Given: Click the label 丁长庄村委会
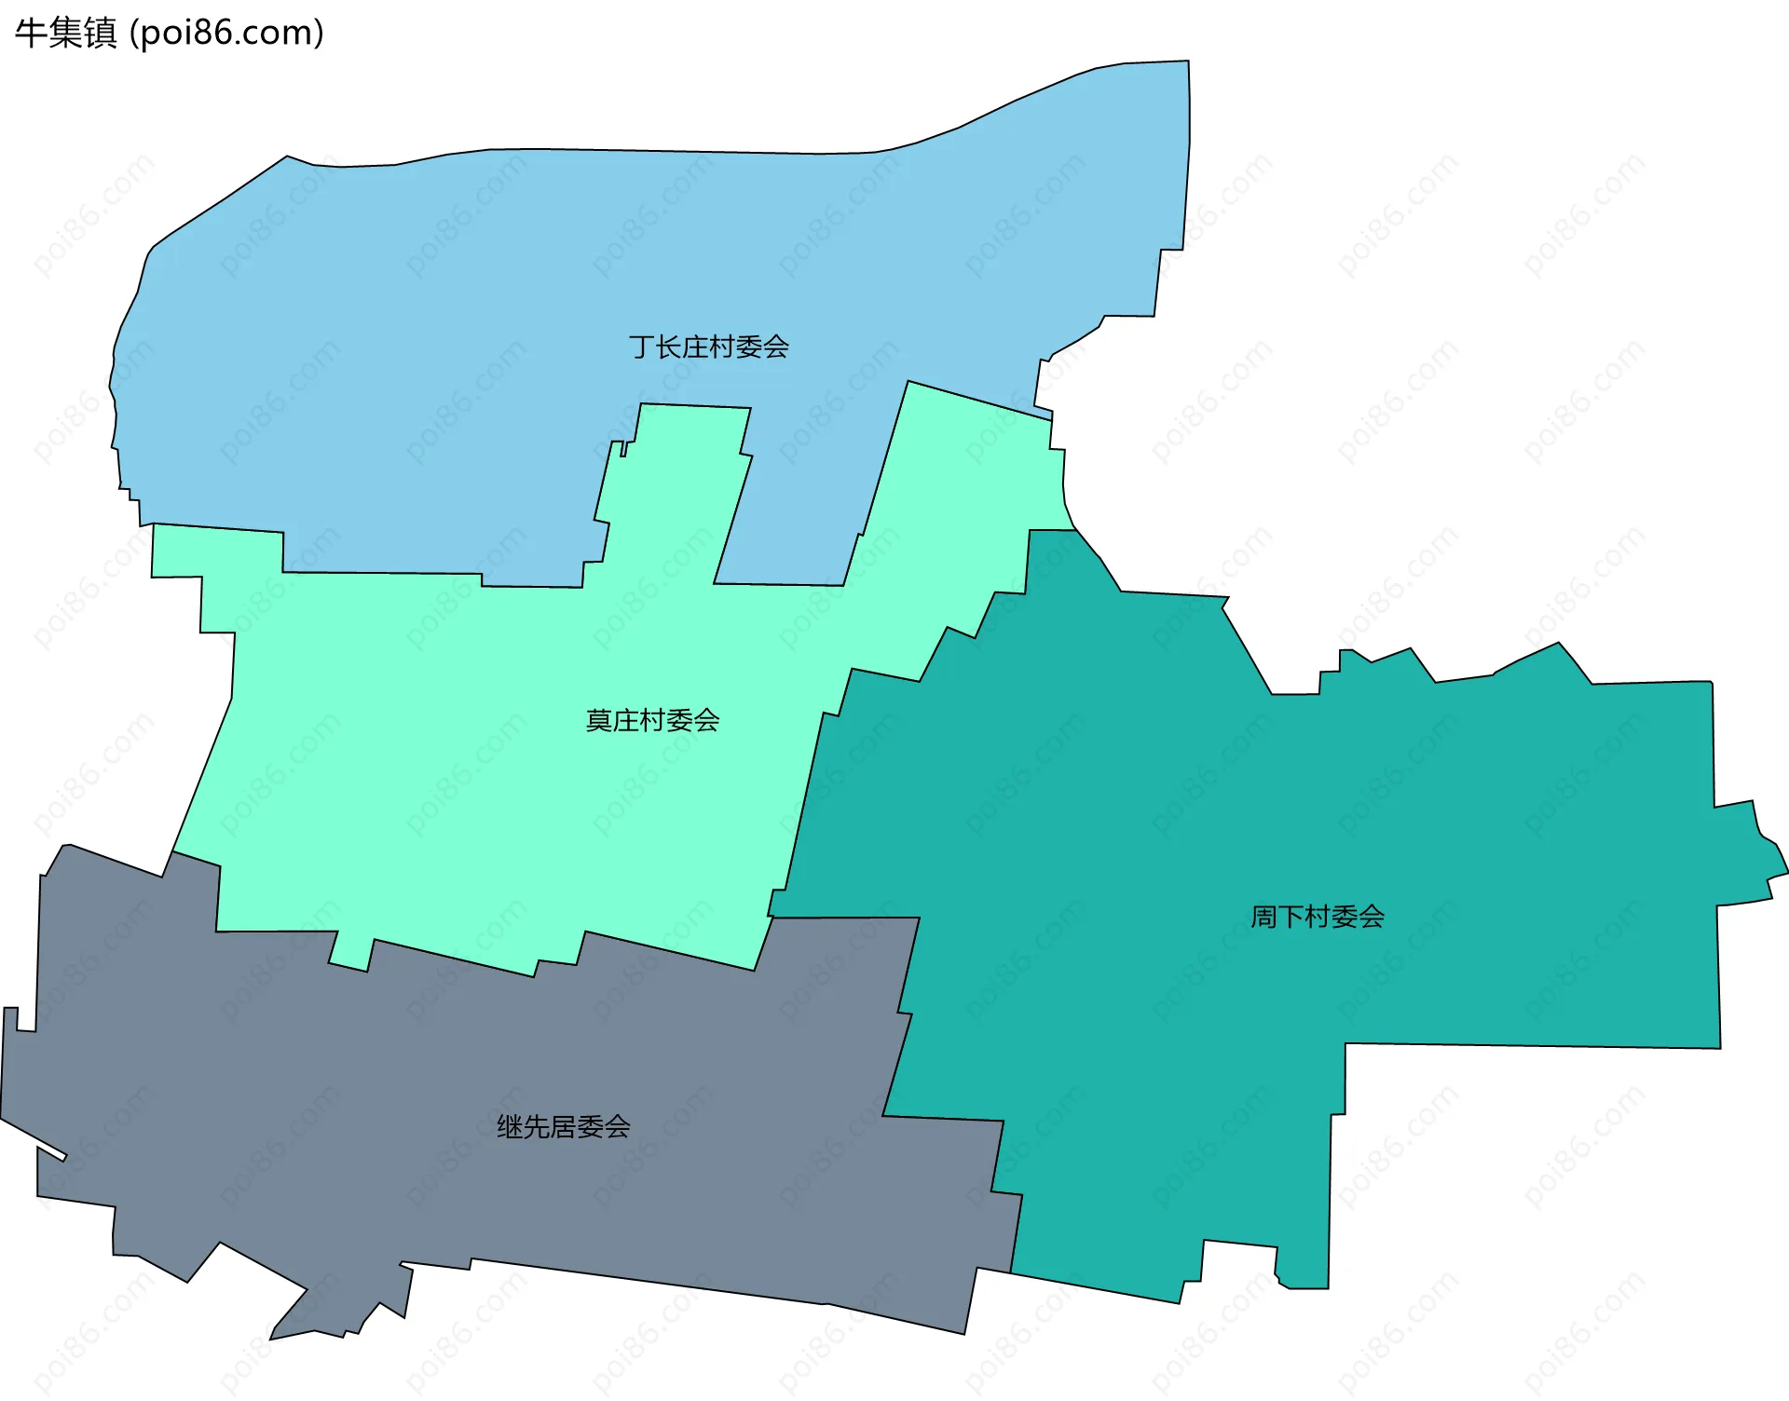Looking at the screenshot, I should pos(709,347).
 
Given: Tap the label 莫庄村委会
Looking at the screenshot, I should pos(652,720).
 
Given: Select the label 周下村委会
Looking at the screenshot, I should pos(1317,917).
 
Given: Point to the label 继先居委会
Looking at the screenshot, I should pos(563,1127).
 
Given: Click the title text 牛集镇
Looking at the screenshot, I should pos(66,34).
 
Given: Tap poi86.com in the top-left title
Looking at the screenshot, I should pos(226,34).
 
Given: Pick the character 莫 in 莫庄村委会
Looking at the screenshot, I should pos(598,720).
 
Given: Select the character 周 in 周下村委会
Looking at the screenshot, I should pos(1263,917).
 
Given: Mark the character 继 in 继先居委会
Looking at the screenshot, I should pos(510,1127).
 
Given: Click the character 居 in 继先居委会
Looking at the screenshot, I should pos(563,1127).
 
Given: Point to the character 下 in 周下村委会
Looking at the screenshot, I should pos(1291,917).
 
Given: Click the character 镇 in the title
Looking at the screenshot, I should pos(101,34).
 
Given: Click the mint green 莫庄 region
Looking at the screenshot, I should pos(466,792).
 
